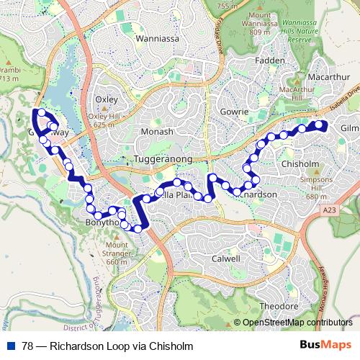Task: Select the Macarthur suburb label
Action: [x=328, y=76]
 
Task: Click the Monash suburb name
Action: [x=158, y=132]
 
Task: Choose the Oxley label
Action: [x=106, y=99]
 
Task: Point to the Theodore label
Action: [x=279, y=306]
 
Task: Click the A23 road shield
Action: [x=329, y=210]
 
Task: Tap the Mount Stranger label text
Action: [x=117, y=253]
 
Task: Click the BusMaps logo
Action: [x=325, y=346]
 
